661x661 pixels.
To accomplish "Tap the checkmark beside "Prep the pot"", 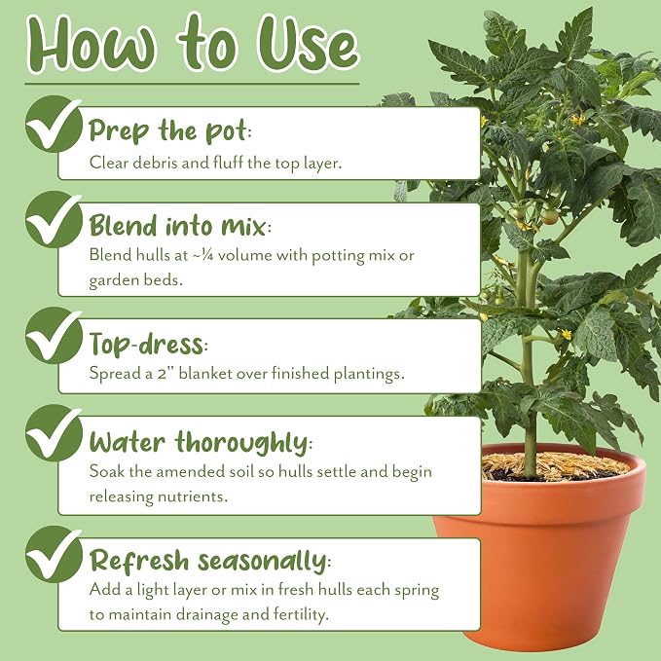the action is [x=54, y=124].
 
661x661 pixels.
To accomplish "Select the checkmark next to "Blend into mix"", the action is [x=54, y=219].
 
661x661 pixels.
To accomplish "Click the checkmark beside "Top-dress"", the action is [x=54, y=336].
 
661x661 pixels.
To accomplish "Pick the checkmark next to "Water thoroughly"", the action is [x=54, y=433].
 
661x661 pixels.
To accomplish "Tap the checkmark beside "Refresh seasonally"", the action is [x=54, y=554].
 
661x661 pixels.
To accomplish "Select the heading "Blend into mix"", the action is [x=180, y=226].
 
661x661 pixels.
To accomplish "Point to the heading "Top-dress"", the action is [x=148, y=344].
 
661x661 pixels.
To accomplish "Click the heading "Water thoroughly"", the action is [x=201, y=443].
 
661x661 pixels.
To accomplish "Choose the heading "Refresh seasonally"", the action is [x=210, y=561].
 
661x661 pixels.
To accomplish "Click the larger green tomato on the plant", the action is [x=549, y=217].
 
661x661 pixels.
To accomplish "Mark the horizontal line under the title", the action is [x=192, y=84].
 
